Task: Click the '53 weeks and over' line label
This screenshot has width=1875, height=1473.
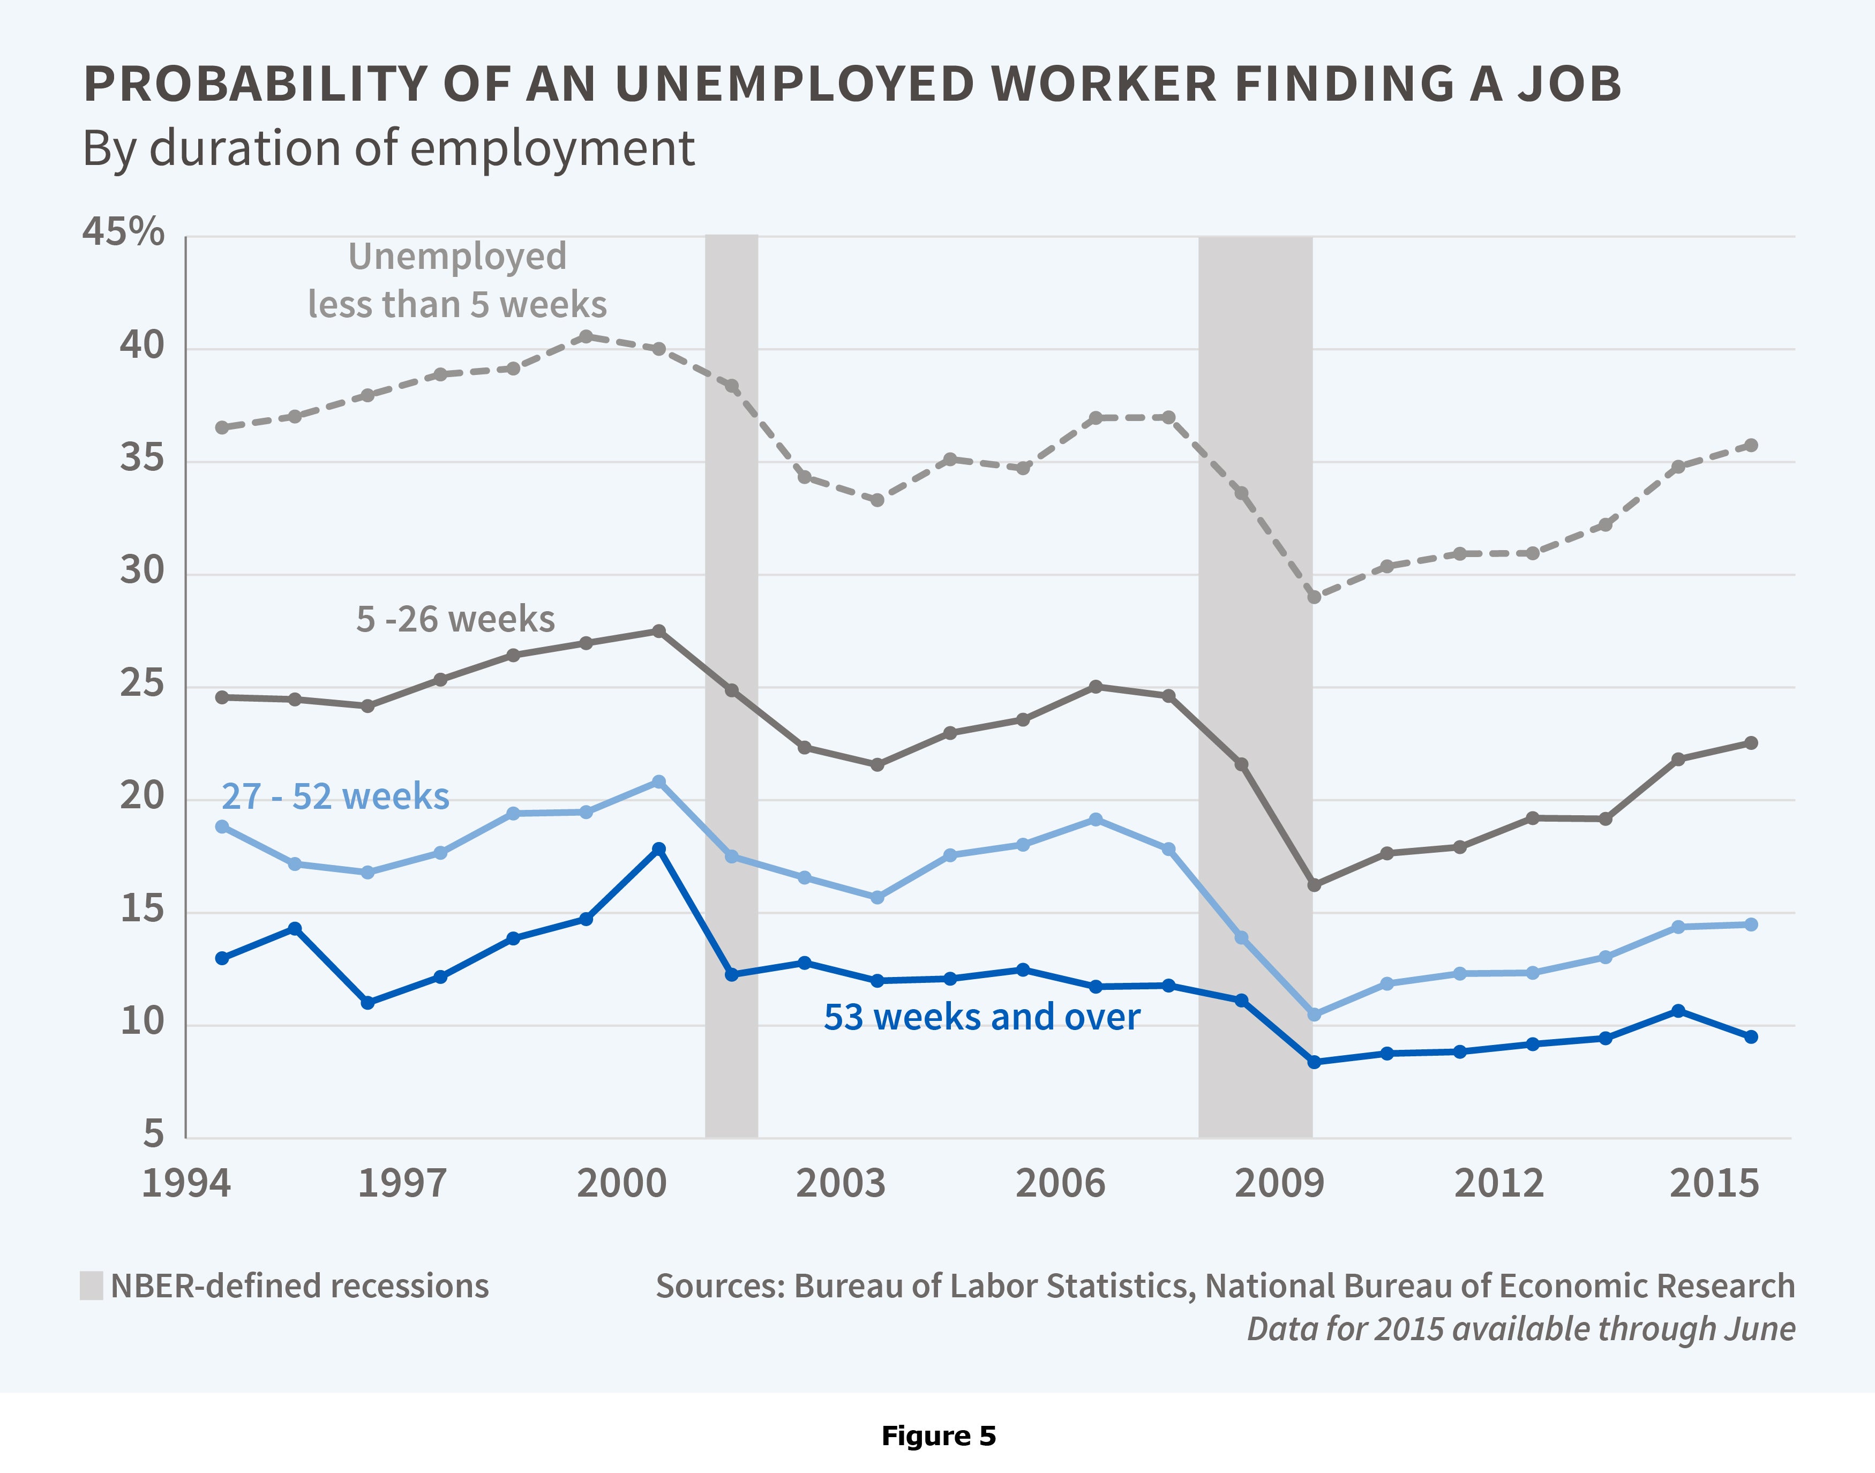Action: (x=981, y=1018)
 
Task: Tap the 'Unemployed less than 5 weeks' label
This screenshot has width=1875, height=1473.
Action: (x=457, y=280)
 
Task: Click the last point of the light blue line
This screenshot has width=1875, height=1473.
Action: (x=1751, y=925)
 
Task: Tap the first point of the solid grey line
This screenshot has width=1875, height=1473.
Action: (x=222, y=697)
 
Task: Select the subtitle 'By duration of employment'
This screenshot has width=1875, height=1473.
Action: (x=388, y=148)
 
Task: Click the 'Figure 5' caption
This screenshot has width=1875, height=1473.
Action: (x=939, y=1436)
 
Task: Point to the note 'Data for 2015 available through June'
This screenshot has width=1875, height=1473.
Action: (x=1520, y=1329)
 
